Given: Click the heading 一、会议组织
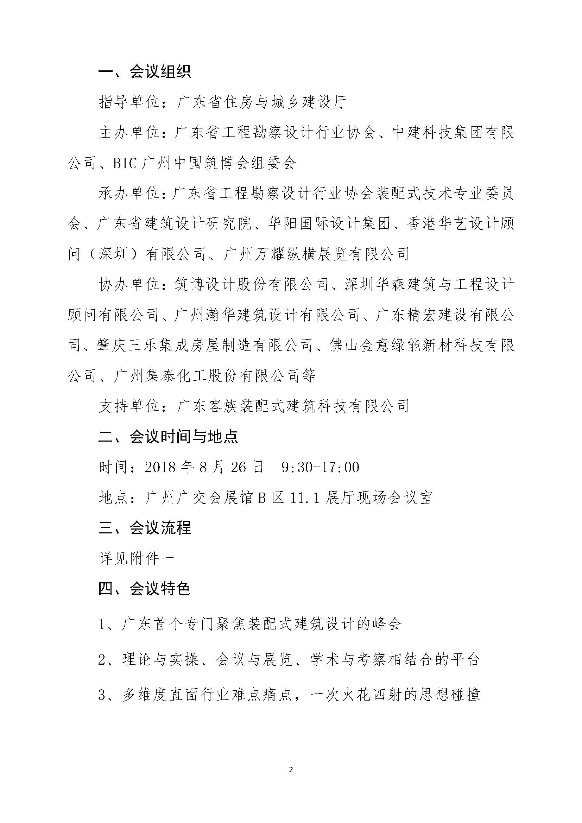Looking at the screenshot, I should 144,72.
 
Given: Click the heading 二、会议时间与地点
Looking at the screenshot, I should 168,437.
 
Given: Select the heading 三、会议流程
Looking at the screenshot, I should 144,528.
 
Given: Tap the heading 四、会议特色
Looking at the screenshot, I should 144,589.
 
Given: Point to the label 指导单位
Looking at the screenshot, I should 129,102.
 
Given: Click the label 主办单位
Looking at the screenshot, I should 129,133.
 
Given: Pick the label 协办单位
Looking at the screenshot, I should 129,285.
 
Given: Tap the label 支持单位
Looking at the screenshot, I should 129,406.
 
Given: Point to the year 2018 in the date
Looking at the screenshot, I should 161,467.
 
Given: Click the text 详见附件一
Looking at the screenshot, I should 137,558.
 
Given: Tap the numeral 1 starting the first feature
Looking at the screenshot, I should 102,625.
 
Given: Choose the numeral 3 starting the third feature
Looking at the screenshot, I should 102,695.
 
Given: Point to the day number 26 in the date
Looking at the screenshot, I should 238,467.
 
